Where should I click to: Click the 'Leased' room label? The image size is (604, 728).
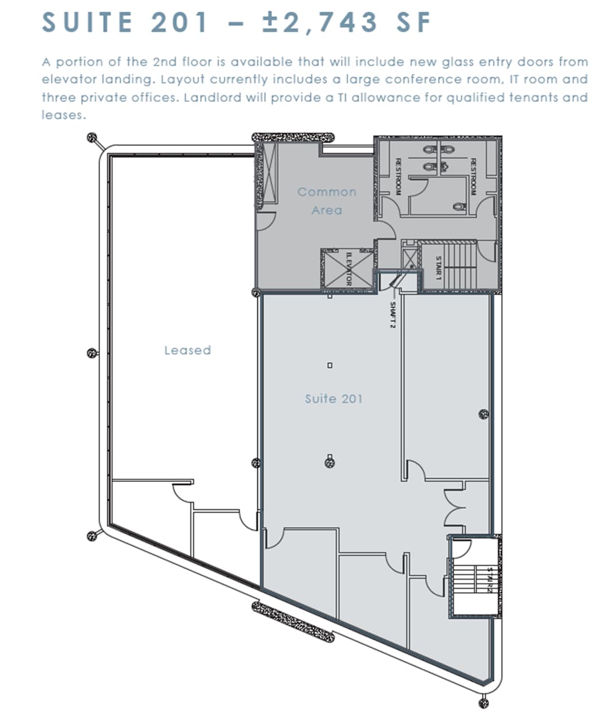[187, 350]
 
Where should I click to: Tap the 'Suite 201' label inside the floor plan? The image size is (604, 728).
[334, 399]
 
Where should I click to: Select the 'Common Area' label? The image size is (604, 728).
[327, 201]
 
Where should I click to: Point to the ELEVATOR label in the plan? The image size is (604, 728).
[348, 269]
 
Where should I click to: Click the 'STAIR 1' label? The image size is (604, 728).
[439, 268]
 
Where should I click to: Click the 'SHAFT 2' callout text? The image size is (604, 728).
[392, 315]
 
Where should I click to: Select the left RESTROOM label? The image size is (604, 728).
[398, 177]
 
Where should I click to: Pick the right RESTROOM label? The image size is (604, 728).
[473, 177]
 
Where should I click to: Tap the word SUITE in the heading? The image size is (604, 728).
[87, 22]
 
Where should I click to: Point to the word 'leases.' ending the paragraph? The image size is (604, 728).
[64, 115]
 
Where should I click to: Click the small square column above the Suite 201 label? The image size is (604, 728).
[330, 365]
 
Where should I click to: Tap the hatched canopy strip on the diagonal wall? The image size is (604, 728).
[293, 622]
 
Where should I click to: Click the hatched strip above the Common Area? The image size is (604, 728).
[293, 137]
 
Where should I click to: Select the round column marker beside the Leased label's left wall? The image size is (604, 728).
[92, 354]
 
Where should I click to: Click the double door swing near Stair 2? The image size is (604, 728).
[454, 508]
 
